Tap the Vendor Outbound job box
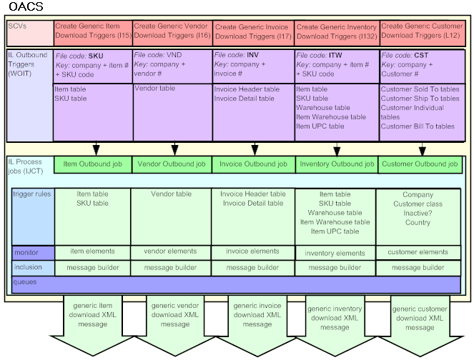(x=172, y=164)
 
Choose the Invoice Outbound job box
(x=253, y=164)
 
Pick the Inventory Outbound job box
(x=336, y=164)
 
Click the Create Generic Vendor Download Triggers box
(x=172, y=31)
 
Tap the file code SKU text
(x=80, y=55)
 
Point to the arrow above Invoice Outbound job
(x=254, y=149)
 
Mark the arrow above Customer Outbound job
(x=423, y=149)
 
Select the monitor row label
(x=26, y=252)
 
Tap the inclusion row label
(x=29, y=267)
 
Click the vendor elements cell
(x=171, y=251)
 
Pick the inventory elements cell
(x=335, y=253)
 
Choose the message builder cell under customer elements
(x=418, y=268)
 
